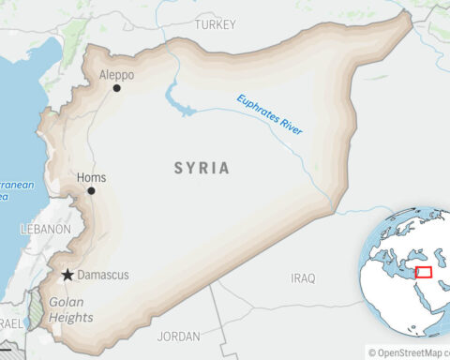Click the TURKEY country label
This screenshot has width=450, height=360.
coord(216,24)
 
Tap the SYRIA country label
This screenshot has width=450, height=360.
coord(201,168)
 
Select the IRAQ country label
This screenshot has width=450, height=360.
coord(303,278)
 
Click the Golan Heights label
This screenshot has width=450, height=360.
coord(69,310)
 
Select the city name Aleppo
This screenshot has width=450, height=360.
coord(115,74)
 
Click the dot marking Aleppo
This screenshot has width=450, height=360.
coord(117,88)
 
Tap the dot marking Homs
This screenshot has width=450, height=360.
coord(91,190)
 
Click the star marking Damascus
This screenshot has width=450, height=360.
coord(67,276)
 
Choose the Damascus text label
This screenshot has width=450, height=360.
coord(103,276)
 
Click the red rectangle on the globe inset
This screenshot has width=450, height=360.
coord(424,272)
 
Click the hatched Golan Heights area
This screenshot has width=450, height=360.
coord(36,309)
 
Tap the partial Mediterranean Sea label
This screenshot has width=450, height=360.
coord(17,191)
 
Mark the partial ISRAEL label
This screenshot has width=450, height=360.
coord(11,322)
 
